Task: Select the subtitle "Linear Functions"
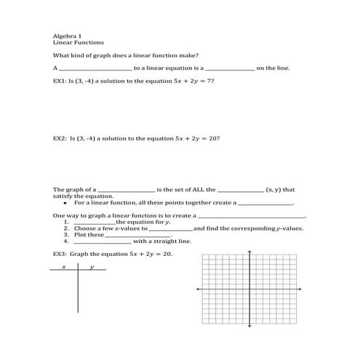(75, 42)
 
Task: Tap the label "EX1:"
(60, 82)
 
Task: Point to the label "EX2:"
(60, 136)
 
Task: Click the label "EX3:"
(60, 255)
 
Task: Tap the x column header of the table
(64, 268)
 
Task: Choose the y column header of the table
(92, 268)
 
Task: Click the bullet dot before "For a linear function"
(66, 203)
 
